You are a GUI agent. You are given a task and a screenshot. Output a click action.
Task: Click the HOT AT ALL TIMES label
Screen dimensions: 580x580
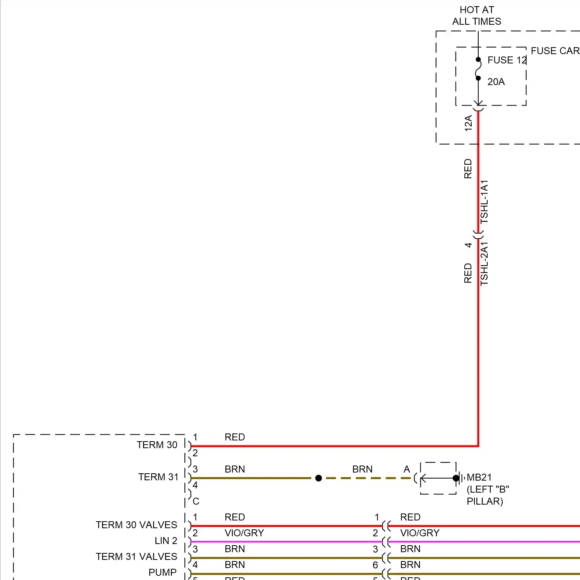pyautogui.click(x=477, y=15)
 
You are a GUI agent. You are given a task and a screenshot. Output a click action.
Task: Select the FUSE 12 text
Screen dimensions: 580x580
pyautogui.click(x=507, y=60)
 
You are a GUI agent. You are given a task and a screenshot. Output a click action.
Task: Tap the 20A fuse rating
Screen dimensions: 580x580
pyautogui.click(x=496, y=82)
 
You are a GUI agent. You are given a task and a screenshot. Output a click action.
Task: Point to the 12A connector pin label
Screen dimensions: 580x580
pyautogui.click(x=468, y=123)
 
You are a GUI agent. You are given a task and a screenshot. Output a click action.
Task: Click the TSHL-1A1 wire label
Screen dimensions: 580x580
pyautogui.click(x=484, y=201)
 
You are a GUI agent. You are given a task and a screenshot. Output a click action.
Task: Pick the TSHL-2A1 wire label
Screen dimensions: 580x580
pyautogui.click(x=484, y=264)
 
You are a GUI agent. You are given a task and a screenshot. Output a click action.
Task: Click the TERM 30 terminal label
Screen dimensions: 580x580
pyautogui.click(x=157, y=445)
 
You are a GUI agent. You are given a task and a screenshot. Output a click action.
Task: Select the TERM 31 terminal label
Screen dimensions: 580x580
pyautogui.click(x=158, y=477)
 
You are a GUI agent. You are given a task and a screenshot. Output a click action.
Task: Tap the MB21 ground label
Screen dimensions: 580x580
pyautogui.click(x=479, y=478)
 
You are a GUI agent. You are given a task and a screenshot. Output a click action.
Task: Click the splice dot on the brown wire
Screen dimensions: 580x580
pyautogui.click(x=319, y=478)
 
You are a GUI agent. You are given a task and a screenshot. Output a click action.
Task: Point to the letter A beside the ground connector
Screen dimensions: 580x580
pyautogui.click(x=407, y=469)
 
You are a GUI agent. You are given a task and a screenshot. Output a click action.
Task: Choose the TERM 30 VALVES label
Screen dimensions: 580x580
pyautogui.click(x=136, y=525)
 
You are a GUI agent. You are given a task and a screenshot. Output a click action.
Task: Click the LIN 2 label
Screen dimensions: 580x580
pyautogui.click(x=166, y=541)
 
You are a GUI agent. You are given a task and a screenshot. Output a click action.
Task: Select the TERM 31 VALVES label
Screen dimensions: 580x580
pyautogui.click(x=136, y=556)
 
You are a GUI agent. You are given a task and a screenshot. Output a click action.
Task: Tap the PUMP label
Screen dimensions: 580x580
pyautogui.click(x=162, y=572)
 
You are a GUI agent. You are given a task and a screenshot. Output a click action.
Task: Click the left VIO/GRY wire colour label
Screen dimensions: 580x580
pyautogui.click(x=244, y=533)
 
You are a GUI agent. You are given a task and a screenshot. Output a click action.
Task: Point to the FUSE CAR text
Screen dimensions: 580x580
pyautogui.click(x=555, y=51)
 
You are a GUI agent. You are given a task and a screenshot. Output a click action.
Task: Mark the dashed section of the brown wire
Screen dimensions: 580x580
pyautogui.click(x=367, y=478)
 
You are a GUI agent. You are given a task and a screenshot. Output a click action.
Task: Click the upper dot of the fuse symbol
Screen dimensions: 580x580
pyautogui.click(x=478, y=60)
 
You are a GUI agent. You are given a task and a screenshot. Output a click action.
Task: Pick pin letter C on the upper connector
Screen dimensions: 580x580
pyautogui.click(x=196, y=501)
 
